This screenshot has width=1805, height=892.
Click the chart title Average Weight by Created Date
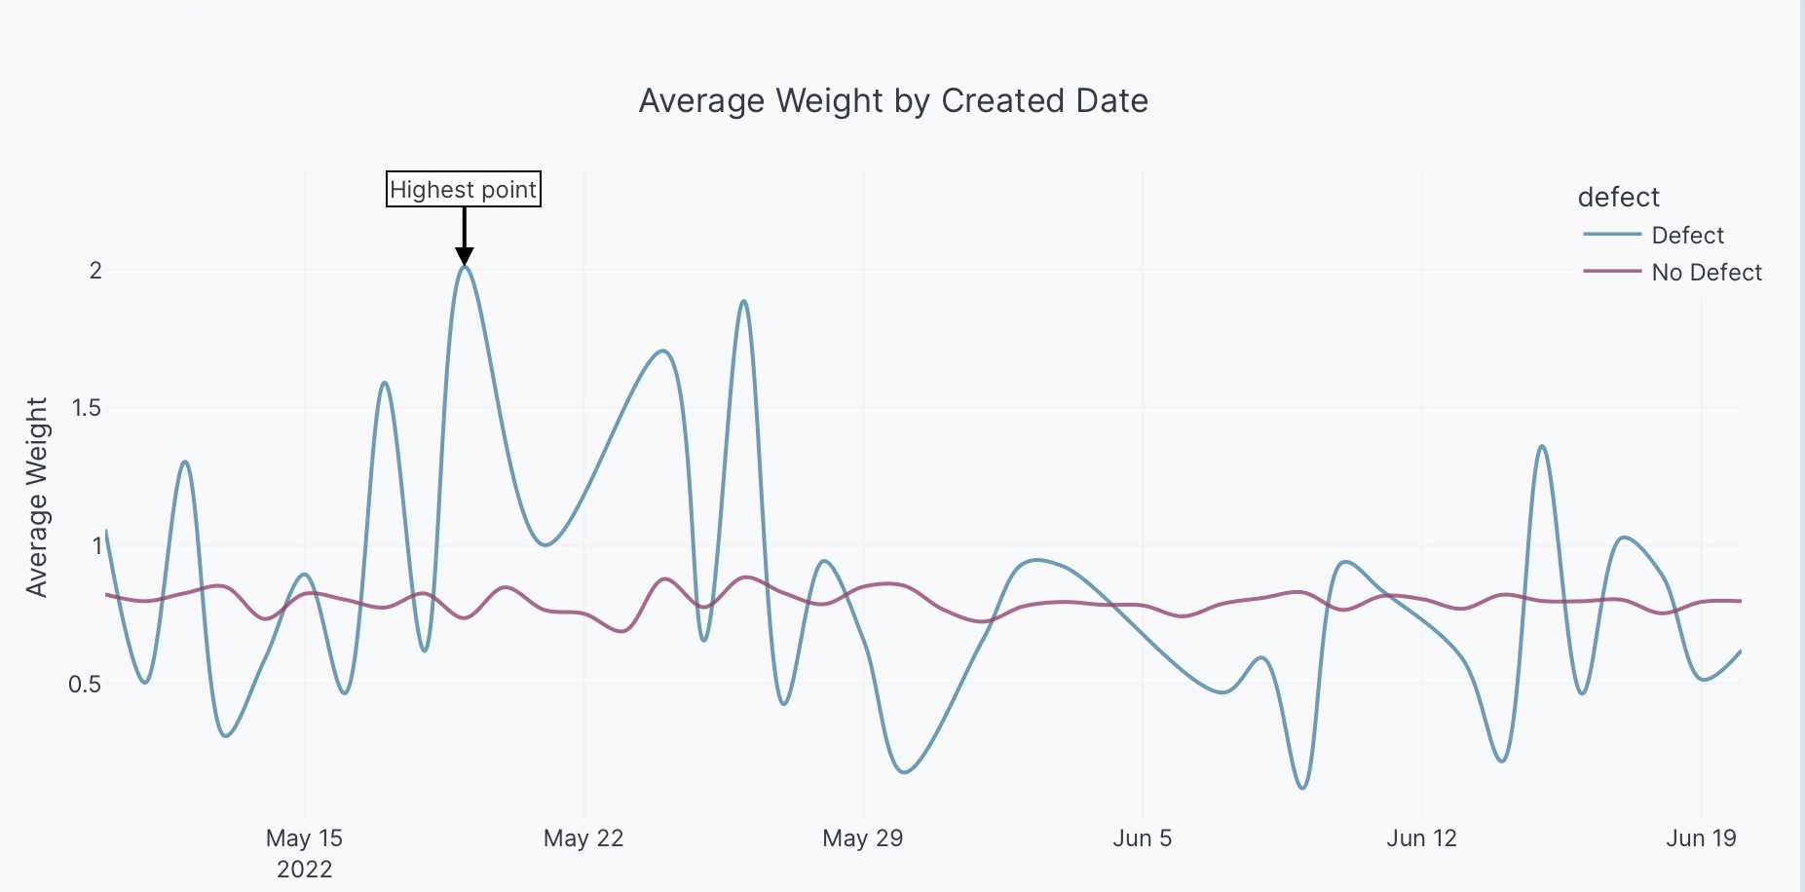tap(893, 101)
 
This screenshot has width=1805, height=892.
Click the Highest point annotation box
tap(464, 189)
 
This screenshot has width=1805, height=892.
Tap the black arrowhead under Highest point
tap(465, 257)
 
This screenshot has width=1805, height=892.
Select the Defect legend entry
tap(1687, 236)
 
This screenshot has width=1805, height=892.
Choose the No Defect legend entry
tap(1707, 273)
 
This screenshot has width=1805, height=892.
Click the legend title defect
tap(1618, 198)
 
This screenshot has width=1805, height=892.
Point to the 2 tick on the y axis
tap(95, 271)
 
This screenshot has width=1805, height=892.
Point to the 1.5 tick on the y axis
tap(87, 408)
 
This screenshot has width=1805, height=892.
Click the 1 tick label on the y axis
tap(96, 545)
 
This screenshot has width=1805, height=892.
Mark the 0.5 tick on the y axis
tap(85, 685)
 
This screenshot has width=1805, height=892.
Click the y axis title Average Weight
tap(37, 497)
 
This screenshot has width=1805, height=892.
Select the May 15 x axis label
tap(304, 838)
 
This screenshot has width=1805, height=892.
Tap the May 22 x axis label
tap(583, 838)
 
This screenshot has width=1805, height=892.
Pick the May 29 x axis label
tap(862, 838)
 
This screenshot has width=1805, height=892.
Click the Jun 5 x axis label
tap(1142, 838)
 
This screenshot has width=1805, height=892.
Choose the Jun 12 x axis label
tap(1421, 838)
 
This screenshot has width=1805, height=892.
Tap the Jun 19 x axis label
tap(1701, 838)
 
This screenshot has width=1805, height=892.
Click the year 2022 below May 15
tap(304, 870)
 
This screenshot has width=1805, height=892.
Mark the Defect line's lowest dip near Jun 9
tap(1303, 788)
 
